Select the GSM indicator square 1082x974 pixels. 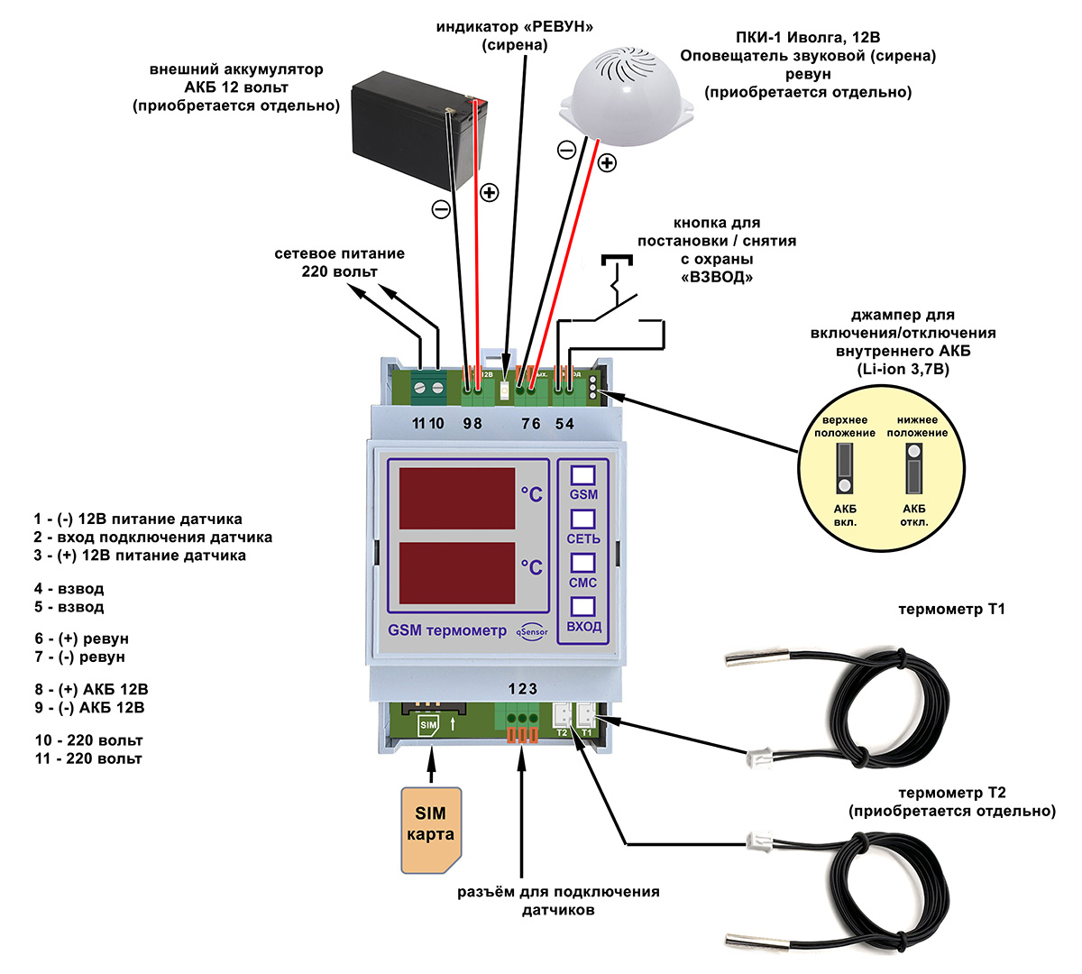click(x=583, y=475)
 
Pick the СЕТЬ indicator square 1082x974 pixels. click(x=583, y=519)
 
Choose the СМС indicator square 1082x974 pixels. click(x=583, y=564)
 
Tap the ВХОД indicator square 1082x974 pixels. click(x=583, y=607)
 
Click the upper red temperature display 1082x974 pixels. click(x=457, y=498)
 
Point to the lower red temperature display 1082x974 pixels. click(x=457, y=573)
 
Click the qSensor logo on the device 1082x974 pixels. click(x=532, y=631)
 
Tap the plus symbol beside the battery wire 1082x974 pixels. click(x=489, y=192)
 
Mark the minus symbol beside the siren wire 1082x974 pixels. click(x=566, y=150)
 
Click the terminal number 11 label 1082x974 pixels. click(x=417, y=424)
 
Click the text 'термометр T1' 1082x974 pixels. click(x=951, y=610)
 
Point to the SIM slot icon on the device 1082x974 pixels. click(x=428, y=725)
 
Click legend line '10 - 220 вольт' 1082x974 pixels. click(x=88, y=740)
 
